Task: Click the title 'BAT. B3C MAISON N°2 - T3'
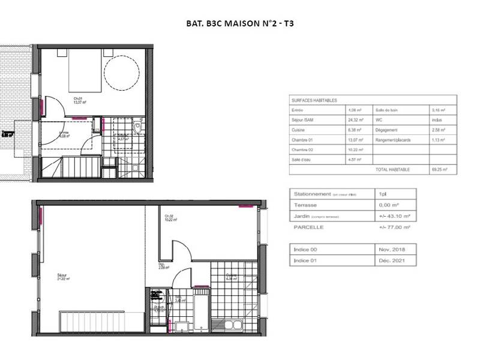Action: (x=239, y=25)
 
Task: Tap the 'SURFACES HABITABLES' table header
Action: (x=314, y=100)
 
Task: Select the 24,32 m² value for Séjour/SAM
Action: (x=356, y=120)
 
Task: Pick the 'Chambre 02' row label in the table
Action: (x=304, y=149)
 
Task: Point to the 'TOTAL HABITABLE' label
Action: (x=393, y=170)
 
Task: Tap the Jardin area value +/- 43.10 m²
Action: (x=394, y=215)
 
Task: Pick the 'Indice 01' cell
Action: (x=305, y=260)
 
